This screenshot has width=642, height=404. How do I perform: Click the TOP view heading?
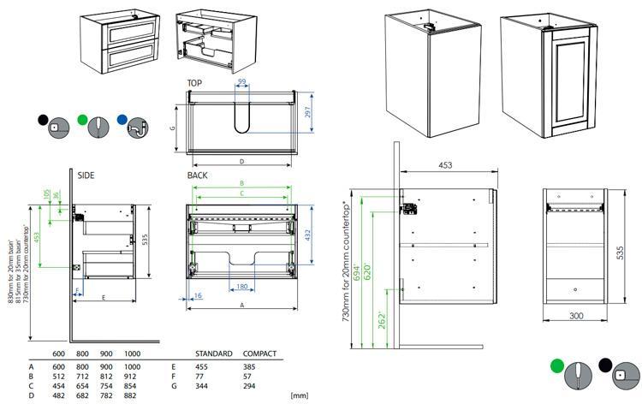195,83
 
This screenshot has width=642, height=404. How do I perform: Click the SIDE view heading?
86,175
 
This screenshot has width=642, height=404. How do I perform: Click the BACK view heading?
198,175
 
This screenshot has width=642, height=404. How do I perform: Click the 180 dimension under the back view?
242,287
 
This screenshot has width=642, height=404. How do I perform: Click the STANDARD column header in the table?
213,353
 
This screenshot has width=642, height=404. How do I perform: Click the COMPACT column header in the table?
259,353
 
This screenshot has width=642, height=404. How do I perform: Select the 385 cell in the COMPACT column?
251,364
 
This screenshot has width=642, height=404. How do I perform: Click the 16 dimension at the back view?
198,295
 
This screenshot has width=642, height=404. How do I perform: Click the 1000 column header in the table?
132,353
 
